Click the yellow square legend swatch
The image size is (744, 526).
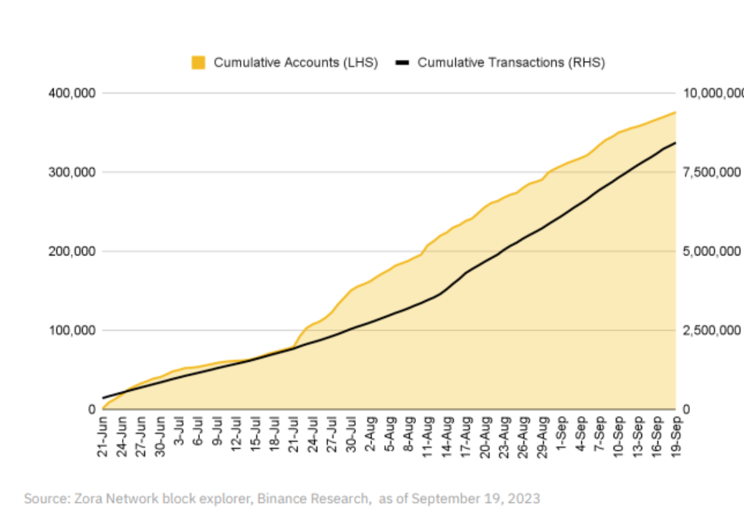tap(198, 62)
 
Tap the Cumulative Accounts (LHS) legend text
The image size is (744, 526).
tap(296, 62)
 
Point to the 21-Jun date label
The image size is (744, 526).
tap(103, 438)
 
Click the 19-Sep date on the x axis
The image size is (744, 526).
tap(676, 438)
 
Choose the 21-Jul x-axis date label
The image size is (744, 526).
tap(294, 438)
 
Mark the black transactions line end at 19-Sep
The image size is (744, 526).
tap(675, 143)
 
